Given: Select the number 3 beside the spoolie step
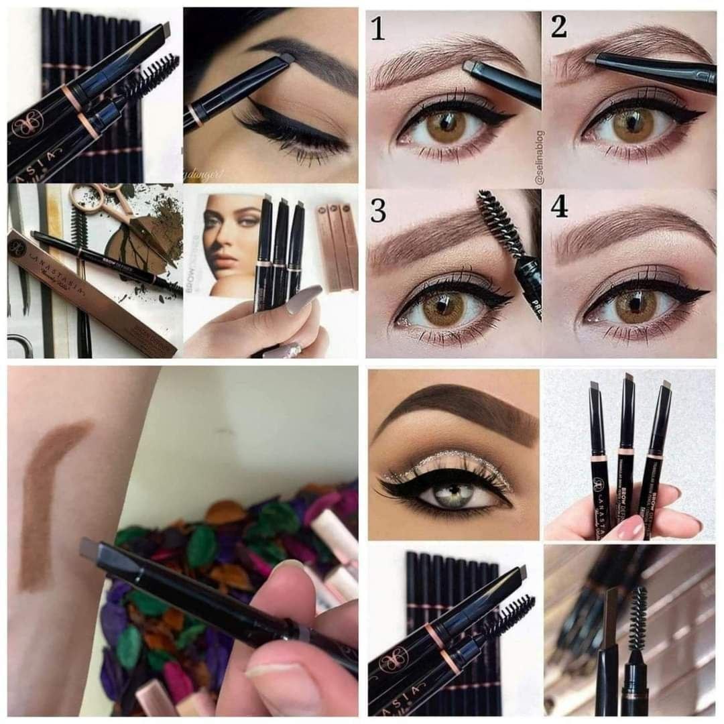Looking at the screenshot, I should coord(379,210).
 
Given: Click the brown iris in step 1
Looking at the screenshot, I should coord(446,126).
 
